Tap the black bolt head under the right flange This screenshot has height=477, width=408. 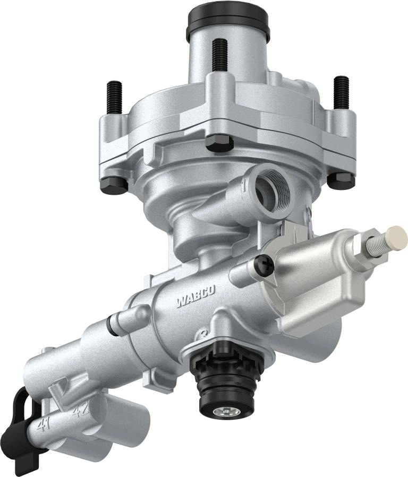[341, 179]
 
